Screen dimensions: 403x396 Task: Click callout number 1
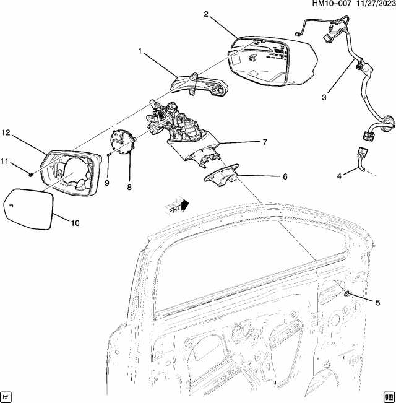[142, 52]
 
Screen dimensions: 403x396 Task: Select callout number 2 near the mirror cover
[205, 14]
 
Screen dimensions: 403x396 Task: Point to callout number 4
[339, 176]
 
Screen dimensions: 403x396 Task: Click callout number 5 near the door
[377, 301]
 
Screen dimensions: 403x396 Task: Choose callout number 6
[285, 176]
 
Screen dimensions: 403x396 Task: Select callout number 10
[75, 223]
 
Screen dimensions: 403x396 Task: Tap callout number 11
[4, 162]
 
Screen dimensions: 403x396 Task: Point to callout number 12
[6, 132]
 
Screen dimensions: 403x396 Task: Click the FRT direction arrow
[177, 204]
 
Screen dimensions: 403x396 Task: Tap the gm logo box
[388, 396]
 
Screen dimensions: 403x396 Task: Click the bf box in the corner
[7, 396]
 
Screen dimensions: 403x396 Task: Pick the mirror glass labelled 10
[28, 208]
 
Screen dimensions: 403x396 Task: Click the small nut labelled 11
[30, 174]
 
